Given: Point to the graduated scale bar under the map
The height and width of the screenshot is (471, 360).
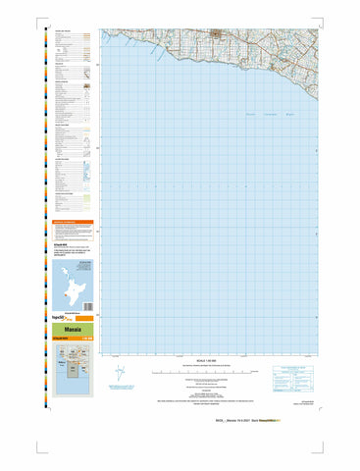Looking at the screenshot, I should (206, 373).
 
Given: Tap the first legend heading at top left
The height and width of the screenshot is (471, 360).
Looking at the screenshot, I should (62, 31).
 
